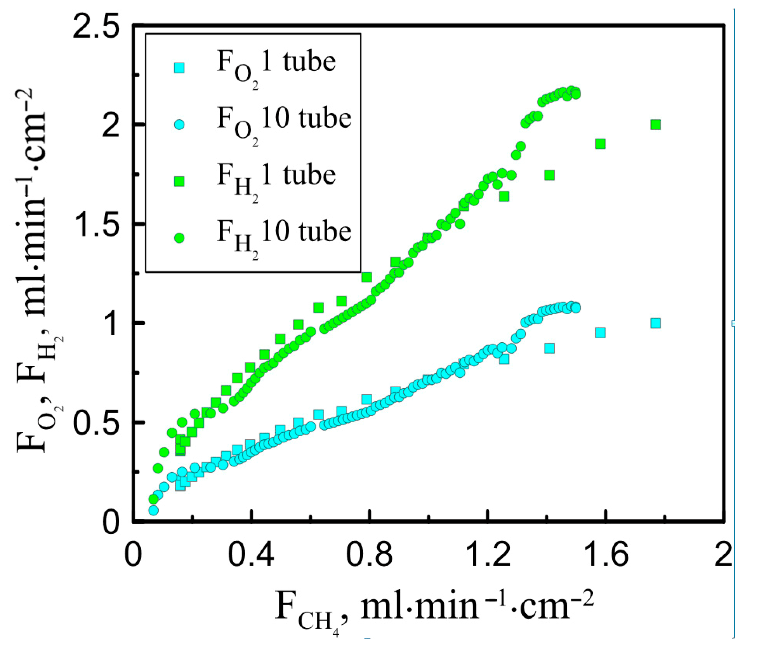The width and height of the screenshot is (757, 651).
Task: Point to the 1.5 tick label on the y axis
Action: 95,224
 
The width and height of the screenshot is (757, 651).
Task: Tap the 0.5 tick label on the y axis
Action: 95,422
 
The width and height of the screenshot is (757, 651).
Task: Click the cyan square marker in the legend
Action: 179,68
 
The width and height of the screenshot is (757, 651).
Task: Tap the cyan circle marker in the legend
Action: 179,125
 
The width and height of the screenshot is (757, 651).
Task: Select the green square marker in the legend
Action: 179,181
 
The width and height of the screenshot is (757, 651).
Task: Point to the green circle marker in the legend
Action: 179,238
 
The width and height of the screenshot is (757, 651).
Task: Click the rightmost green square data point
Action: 656,125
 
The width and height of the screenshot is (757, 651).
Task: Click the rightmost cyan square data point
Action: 656,323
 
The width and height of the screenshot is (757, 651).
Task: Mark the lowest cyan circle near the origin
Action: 154,510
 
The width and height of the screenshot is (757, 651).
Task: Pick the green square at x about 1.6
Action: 601,144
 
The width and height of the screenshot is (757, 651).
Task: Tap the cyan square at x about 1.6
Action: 601,333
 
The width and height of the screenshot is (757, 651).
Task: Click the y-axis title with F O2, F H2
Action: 39,272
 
